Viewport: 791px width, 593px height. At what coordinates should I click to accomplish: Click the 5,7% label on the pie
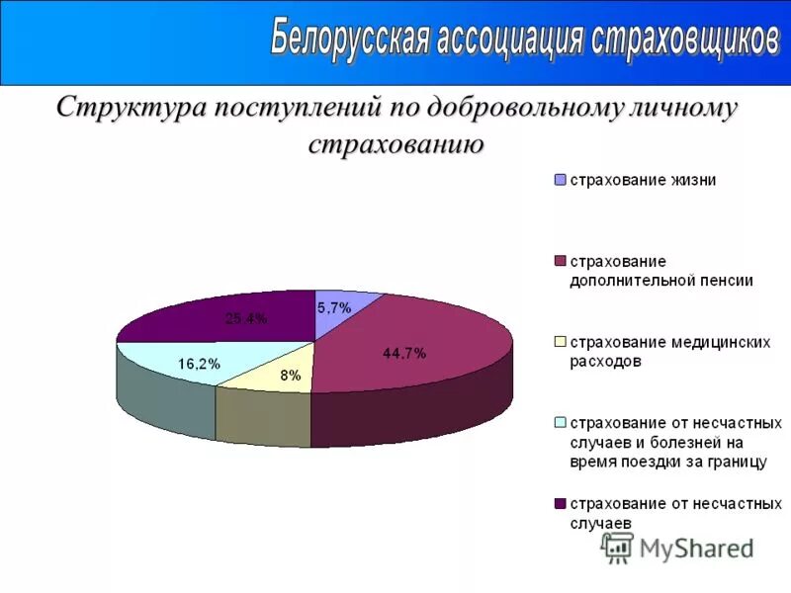(x=334, y=307)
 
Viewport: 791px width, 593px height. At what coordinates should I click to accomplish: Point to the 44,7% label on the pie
(x=404, y=353)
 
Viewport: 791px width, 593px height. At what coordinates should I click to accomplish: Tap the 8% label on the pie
(x=290, y=375)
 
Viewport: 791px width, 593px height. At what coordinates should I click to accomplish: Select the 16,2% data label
(x=200, y=364)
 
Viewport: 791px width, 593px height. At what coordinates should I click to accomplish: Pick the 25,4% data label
(x=246, y=317)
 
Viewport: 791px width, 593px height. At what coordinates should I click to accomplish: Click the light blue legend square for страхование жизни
(x=561, y=181)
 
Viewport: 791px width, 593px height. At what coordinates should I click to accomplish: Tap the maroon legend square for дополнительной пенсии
(x=561, y=261)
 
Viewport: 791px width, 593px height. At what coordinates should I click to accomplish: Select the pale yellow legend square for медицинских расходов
(x=561, y=342)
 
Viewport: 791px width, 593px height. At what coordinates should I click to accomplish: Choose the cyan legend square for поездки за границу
(x=561, y=423)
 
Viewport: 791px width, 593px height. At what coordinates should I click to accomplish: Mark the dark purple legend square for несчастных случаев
(x=561, y=503)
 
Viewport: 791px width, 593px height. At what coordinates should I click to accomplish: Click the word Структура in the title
(x=126, y=107)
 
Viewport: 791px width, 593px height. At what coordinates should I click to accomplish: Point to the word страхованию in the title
(x=395, y=144)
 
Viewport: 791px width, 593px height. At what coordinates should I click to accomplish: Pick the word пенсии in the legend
(x=727, y=280)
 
